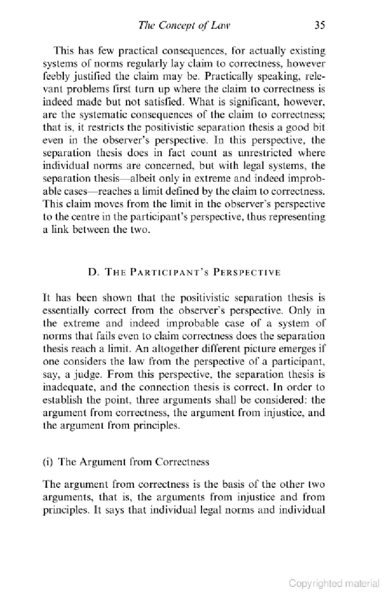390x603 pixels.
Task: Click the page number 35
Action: coord(319,25)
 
